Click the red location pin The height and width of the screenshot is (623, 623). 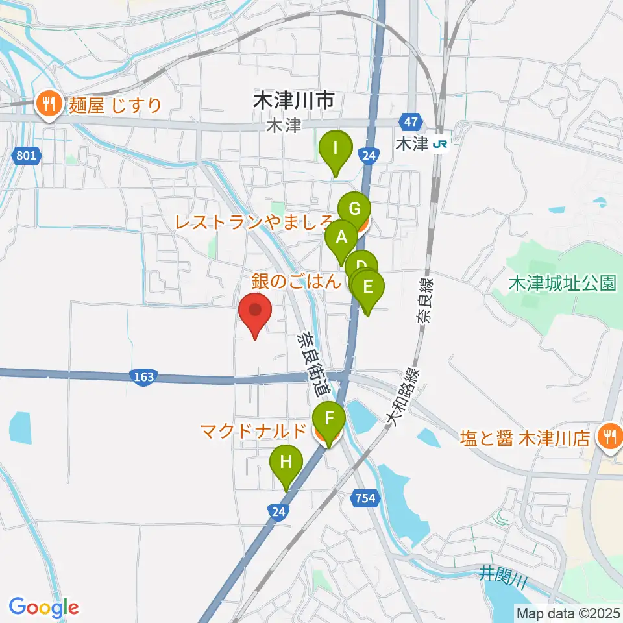point(255,313)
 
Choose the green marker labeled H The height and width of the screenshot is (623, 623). point(286,463)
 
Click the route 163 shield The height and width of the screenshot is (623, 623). point(141,377)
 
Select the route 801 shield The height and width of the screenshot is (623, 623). point(26,156)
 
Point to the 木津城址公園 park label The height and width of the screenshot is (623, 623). point(562,284)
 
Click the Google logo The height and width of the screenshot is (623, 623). point(43,607)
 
